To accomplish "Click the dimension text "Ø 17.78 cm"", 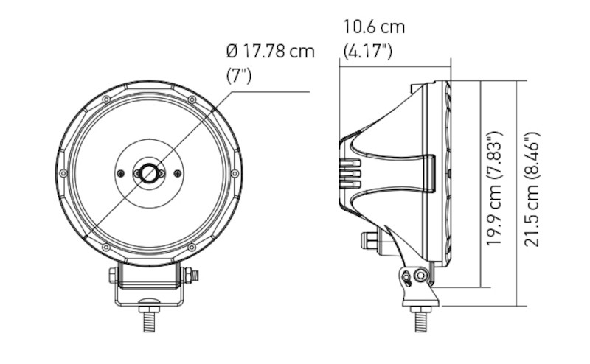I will tap(270, 52).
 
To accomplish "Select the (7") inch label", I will tap(239, 76).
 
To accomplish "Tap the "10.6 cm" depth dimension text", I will tap(374, 27).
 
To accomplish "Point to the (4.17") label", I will tap(368, 52).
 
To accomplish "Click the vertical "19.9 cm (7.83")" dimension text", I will tap(495, 189).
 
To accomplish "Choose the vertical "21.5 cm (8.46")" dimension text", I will tap(532, 189).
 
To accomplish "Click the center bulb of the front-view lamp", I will tap(150, 173).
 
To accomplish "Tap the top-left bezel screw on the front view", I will tap(106, 99).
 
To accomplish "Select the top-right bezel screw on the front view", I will tap(192, 99).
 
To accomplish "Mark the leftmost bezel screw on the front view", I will tap(63, 173).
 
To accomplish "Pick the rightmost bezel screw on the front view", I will tap(235, 173).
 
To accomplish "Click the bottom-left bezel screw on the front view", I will tap(106, 247).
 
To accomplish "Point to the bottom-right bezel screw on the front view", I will tap(192, 247).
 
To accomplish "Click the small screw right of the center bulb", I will tap(177, 173).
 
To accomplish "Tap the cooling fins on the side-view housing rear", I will tap(350, 174).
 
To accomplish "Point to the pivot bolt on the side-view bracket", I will tap(420, 276).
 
